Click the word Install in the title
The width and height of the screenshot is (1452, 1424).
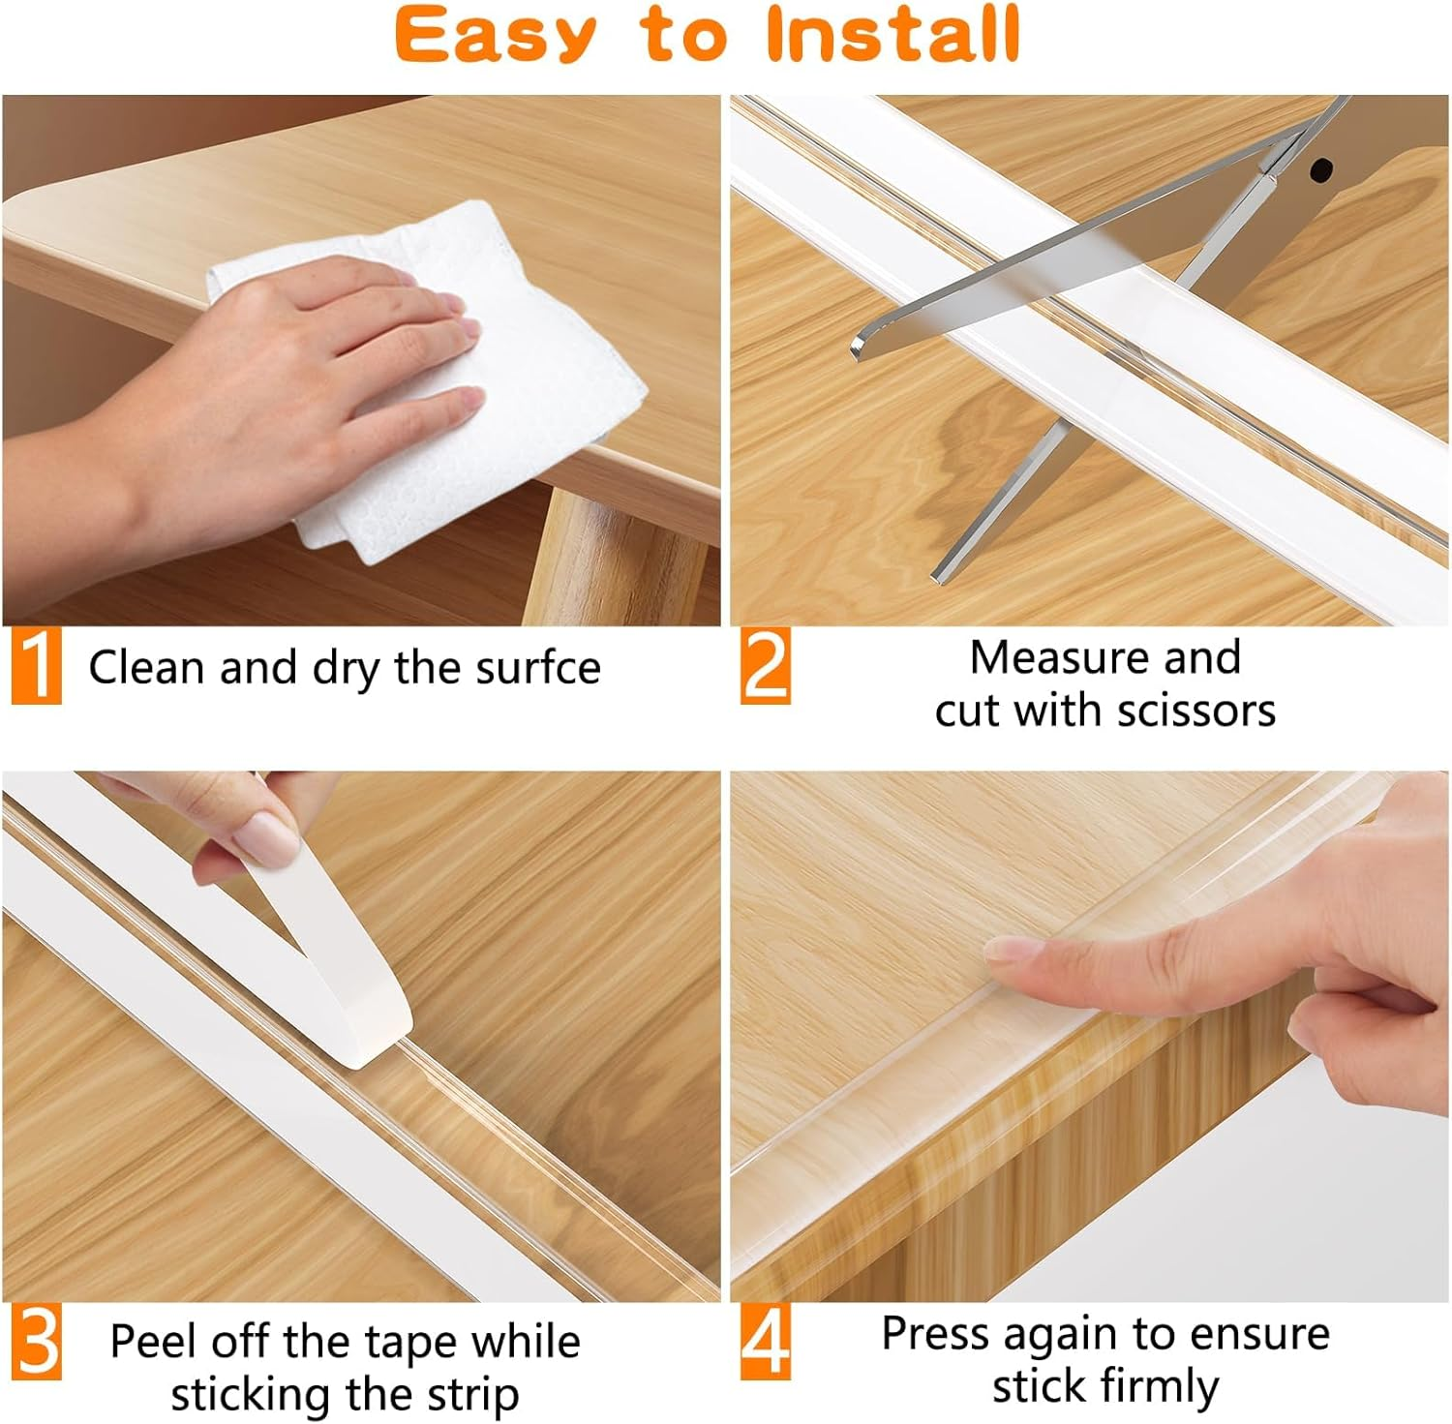pos(892,36)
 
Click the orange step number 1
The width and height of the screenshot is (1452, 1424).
pos(37,666)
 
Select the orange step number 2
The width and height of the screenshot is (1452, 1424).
pos(766,666)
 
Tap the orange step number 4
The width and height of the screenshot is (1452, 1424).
pos(766,1342)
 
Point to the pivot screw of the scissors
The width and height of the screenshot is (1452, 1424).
pos(1319,172)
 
